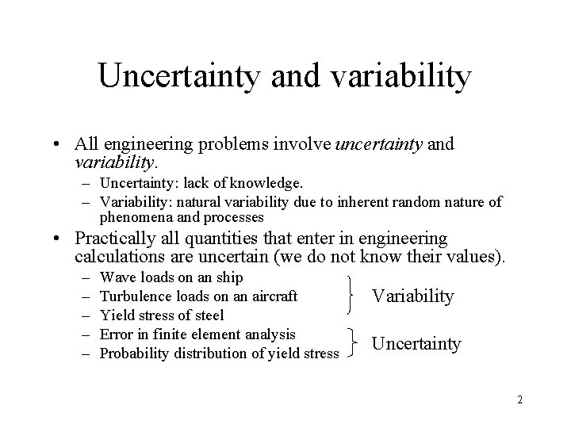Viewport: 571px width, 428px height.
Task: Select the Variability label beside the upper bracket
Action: (x=412, y=296)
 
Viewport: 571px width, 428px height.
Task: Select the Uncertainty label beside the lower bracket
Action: (x=416, y=343)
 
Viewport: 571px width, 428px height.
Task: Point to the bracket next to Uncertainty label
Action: (x=351, y=343)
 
